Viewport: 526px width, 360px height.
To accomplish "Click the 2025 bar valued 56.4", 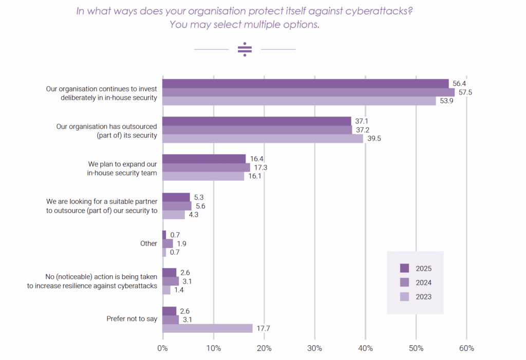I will tap(306, 84).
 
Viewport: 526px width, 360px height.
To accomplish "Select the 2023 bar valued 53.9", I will tap(299, 101).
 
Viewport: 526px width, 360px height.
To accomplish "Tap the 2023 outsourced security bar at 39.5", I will tap(262, 139).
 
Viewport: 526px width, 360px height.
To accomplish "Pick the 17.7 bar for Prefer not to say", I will tap(208, 328).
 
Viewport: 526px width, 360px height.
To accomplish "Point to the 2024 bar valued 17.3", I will tap(206, 167).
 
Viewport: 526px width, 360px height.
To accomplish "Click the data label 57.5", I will tap(465, 92).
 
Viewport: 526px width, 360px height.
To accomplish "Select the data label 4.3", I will tap(193, 215).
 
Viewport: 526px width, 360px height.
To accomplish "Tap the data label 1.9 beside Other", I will tap(182, 243).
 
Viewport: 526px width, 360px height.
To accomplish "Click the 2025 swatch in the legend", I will tap(405, 268).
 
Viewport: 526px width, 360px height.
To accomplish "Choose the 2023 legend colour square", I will tap(405, 297).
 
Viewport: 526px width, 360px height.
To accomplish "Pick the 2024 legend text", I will tap(424, 282).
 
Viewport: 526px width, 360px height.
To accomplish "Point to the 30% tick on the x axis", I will tap(314, 348).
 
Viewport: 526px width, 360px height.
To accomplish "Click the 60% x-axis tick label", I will tap(466, 348).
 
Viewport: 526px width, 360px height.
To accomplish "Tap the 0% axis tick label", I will tap(162, 348).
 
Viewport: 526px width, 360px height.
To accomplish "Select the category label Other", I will tap(148, 243).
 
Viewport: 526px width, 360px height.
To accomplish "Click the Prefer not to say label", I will tap(131, 319).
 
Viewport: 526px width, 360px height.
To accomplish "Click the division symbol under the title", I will tap(245, 49).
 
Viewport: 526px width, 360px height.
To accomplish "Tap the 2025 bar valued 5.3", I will tap(176, 197).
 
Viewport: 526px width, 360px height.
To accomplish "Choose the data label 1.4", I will tap(179, 290).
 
